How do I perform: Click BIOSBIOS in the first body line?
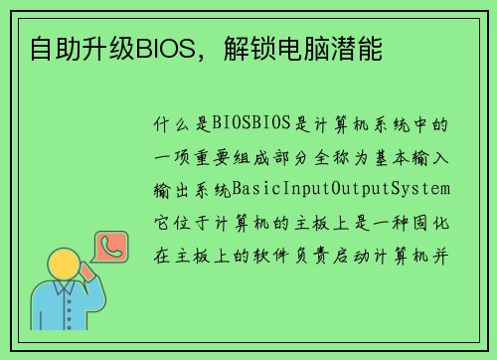point(251,124)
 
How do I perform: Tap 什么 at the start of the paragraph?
point(169,124)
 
